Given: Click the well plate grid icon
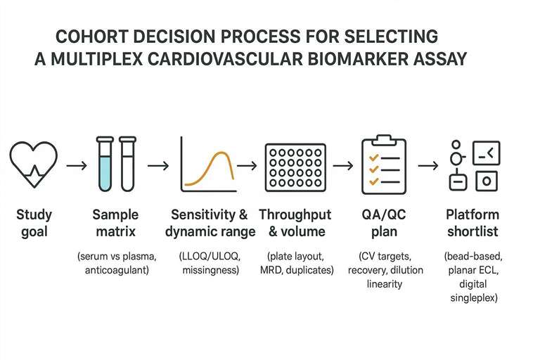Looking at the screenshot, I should coord(295,167).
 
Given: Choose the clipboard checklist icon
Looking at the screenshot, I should coord(383,166).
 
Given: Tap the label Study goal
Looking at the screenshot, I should coord(33,222).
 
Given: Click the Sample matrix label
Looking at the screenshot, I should coord(115,222).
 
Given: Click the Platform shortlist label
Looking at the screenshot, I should coord(472,222).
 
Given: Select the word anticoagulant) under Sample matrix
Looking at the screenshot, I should coord(115,269).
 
